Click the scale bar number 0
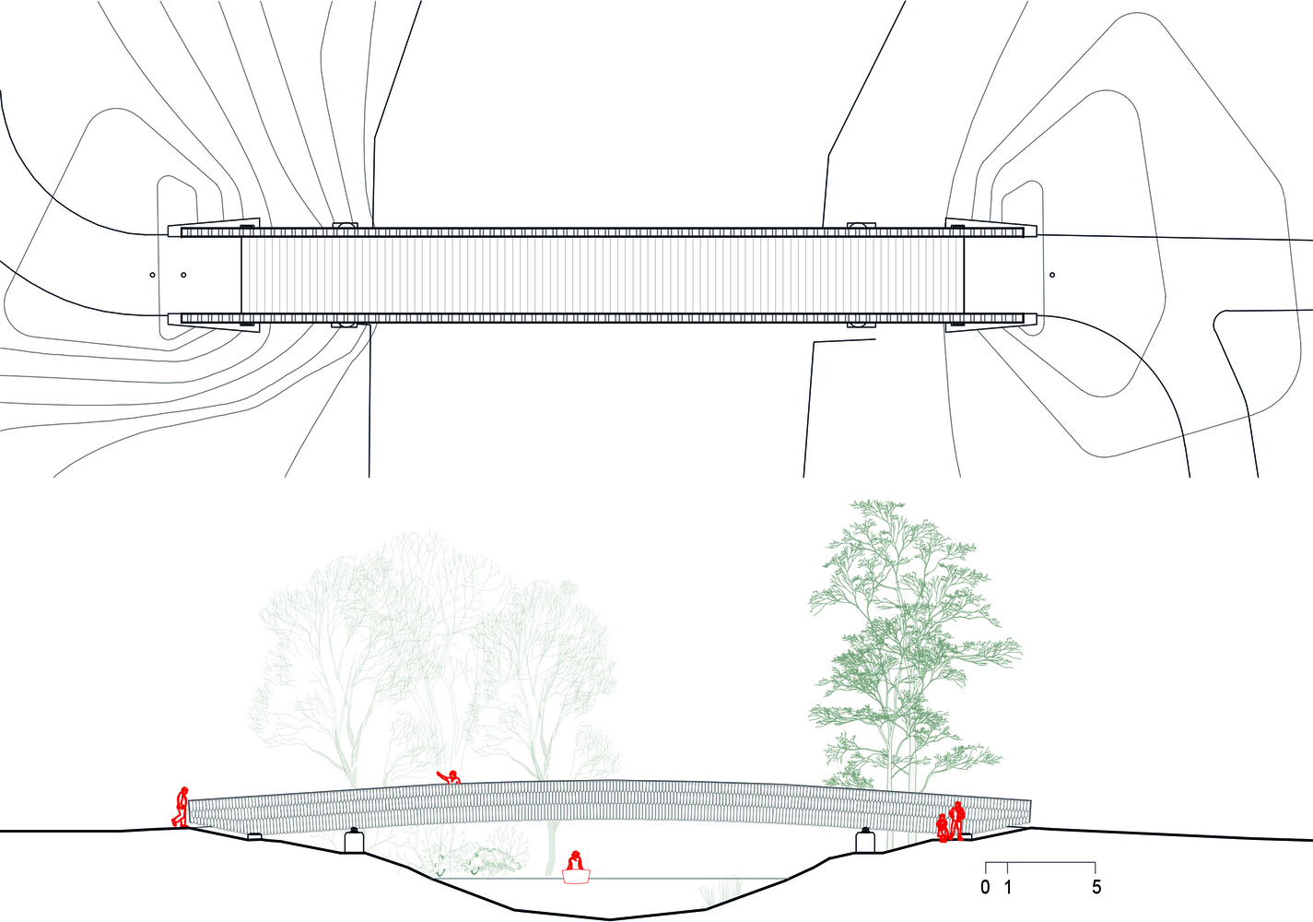point(985,887)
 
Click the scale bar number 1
point(1008,887)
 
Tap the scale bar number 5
point(1096,887)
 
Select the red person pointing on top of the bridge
point(450,777)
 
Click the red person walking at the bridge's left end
point(182,807)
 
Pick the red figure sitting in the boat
point(575,860)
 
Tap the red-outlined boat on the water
point(576,876)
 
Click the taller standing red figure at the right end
point(956,821)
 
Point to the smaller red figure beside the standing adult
point(943,828)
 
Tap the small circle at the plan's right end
point(1052,275)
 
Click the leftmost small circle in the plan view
point(152,275)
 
